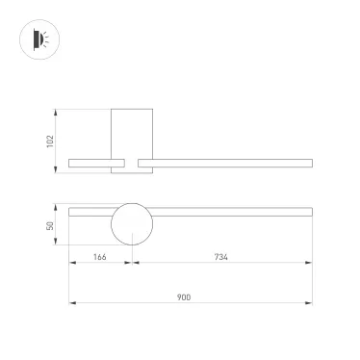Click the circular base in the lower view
point(132,224)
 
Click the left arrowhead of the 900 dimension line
point(71,303)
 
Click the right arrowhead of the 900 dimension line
point(307,303)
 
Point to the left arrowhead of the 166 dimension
point(71,263)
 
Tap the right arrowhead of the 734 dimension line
point(307,263)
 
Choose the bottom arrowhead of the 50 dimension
point(58,244)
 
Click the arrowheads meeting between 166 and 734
point(132,263)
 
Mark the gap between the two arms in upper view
point(132,164)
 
